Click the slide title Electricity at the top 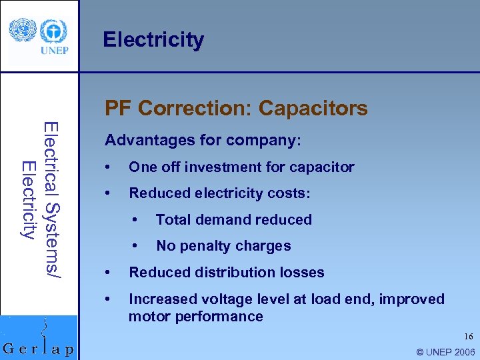153,40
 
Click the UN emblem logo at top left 19,30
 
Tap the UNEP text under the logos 53,50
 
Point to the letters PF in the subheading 119,108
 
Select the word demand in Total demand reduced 226,219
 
